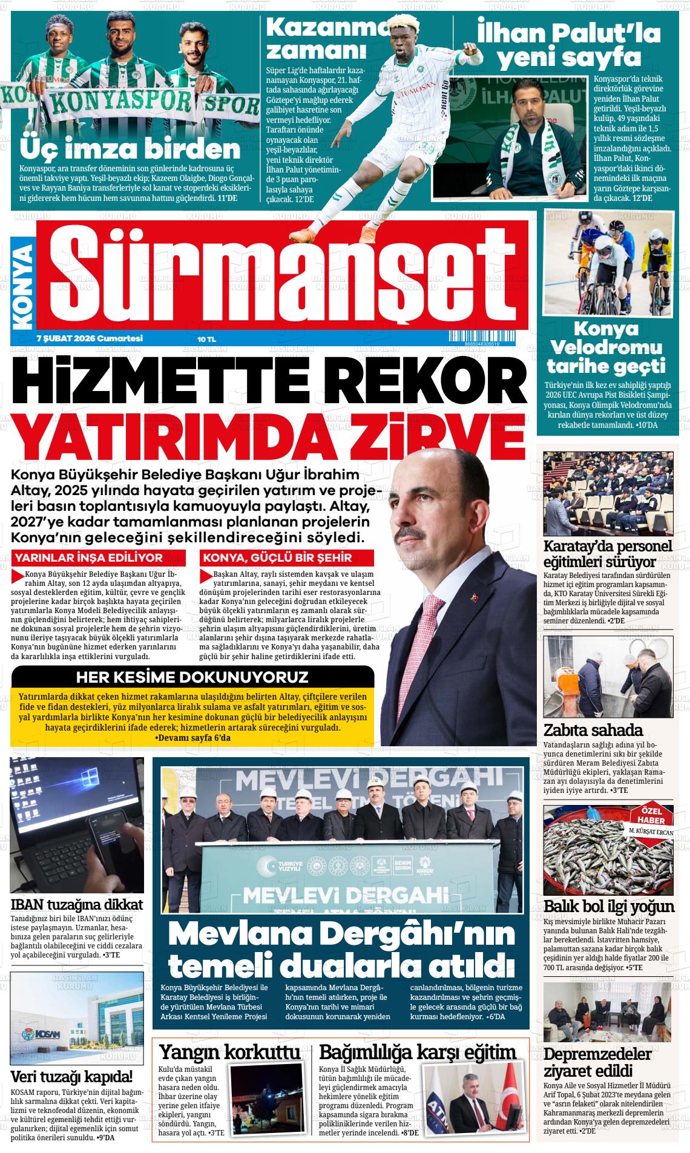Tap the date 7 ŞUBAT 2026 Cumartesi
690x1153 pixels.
pos(90,338)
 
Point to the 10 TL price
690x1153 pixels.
pos(206,339)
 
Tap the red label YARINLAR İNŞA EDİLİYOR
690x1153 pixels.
pos(88,557)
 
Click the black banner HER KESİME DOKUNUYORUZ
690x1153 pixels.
pos(192,676)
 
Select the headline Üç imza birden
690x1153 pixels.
pos(130,149)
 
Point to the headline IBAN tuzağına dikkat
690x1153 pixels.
pos(77,904)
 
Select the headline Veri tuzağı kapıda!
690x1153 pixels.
pos(71,1076)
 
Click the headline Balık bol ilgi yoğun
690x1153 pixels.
pos(609,906)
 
